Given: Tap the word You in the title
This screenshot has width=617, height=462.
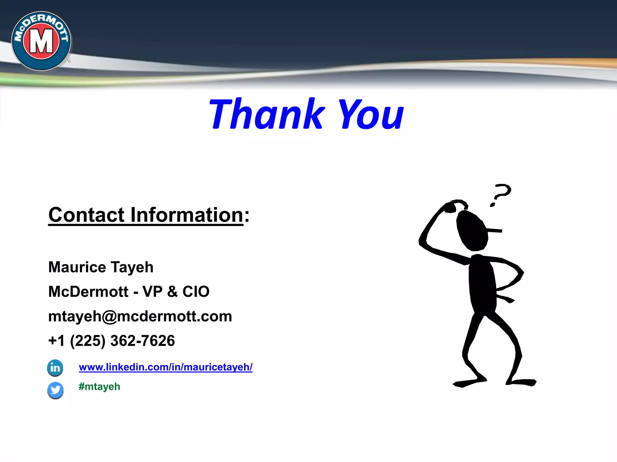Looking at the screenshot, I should tap(371, 114).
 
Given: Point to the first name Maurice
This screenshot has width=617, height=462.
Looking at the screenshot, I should tap(77, 267).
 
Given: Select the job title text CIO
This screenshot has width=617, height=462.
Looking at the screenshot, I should tap(196, 291).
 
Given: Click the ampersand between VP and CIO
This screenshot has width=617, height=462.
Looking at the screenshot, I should tap(172, 291).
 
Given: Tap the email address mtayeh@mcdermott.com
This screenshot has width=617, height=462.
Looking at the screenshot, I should tap(140, 316).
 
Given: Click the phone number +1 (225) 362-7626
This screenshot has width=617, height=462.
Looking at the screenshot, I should tap(111, 341).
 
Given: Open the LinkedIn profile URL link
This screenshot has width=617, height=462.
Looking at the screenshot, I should tap(165, 367).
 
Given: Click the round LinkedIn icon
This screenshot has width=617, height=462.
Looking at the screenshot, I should tap(55, 368).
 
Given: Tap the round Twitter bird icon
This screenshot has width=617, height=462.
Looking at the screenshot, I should tap(55, 390).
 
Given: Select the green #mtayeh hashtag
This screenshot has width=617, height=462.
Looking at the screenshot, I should tap(99, 387).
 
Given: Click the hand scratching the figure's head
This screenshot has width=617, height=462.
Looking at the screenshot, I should tap(451, 207).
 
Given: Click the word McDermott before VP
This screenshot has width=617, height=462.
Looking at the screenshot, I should tap(88, 291).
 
